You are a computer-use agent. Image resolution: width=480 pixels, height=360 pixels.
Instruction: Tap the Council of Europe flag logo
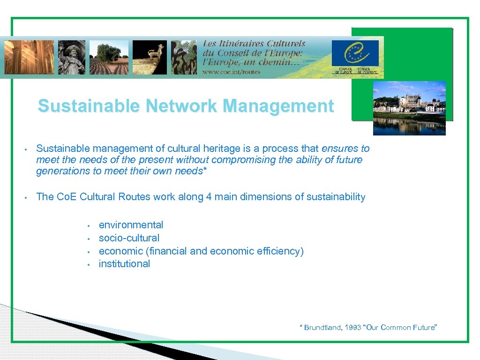354,54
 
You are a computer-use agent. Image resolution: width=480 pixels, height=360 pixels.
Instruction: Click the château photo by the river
409,108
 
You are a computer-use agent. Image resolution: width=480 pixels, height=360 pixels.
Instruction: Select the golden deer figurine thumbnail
150,57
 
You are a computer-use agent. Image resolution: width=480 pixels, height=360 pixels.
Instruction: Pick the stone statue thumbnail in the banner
71,57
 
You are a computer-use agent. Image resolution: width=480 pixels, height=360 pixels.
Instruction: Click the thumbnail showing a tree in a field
112,57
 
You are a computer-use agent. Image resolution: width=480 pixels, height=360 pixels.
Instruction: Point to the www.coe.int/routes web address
232,72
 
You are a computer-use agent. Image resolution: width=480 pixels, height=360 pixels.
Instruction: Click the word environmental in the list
131,225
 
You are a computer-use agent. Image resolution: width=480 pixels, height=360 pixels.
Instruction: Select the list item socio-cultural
129,238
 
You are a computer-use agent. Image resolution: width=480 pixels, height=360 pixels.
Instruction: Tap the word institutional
124,264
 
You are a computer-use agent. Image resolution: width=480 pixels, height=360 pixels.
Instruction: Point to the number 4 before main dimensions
209,197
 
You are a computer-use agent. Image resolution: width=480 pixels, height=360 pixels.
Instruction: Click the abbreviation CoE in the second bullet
67,197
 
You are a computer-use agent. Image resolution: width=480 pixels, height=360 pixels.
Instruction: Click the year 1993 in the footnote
352,328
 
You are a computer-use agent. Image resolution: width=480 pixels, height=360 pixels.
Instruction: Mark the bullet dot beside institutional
88,264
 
